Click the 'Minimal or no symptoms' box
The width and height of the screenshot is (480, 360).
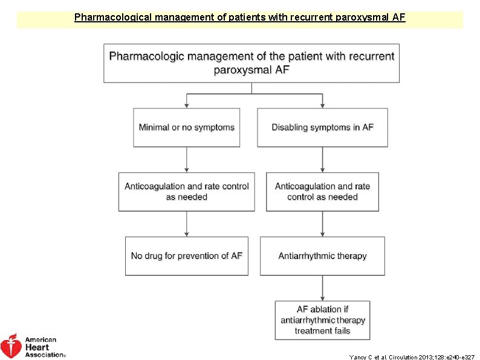(x=186, y=127)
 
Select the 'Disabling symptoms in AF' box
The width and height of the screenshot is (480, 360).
(x=322, y=127)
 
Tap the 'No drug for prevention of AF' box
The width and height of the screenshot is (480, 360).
(x=186, y=256)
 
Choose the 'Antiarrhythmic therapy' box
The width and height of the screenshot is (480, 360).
(x=322, y=256)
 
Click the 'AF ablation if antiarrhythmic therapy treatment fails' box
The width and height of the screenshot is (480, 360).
(x=322, y=320)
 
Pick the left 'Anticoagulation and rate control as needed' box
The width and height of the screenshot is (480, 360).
(x=186, y=192)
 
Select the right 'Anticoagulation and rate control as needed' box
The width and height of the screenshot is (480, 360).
(x=322, y=192)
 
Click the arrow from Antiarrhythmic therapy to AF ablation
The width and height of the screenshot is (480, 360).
(x=322, y=288)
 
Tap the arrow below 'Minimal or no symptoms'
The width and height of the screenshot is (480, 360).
(x=186, y=160)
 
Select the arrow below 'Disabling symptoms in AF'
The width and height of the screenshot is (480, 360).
(x=322, y=160)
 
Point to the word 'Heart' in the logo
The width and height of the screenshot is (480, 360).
(x=37, y=347)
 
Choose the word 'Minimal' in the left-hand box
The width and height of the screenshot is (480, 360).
(x=154, y=127)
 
